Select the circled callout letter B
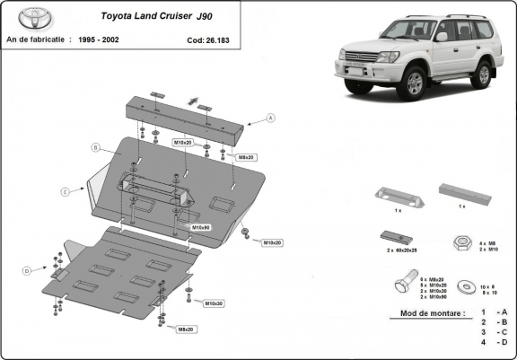click(93, 146)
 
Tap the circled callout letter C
click(66, 191)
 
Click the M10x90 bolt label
click(200, 227)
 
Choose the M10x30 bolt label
click(214, 303)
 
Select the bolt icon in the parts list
click(402, 286)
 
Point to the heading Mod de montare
click(427, 314)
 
